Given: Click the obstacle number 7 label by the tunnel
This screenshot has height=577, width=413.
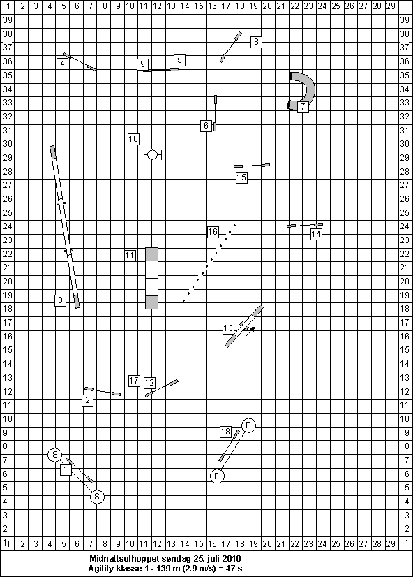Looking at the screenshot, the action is (x=303, y=107).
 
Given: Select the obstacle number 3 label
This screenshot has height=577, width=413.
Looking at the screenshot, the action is (x=61, y=300).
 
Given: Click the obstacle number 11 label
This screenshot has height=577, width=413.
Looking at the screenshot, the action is (x=130, y=256).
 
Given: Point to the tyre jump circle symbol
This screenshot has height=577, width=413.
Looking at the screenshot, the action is (x=153, y=155).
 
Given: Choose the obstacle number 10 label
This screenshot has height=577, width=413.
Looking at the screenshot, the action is (x=133, y=139).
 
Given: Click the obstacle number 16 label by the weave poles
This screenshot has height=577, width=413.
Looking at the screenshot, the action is (x=213, y=232).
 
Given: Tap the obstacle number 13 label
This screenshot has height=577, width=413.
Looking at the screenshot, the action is (x=228, y=328).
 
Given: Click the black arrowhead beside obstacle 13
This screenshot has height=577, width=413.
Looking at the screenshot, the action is (x=252, y=329).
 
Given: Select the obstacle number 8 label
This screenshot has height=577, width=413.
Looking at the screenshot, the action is (x=256, y=42).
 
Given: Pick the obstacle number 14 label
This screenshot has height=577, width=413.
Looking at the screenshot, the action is (x=316, y=234).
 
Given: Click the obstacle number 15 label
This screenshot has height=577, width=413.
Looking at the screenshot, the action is (x=241, y=177).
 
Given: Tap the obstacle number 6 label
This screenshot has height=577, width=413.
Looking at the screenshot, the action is (x=206, y=126).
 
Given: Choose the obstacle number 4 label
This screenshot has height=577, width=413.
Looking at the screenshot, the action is (x=63, y=64).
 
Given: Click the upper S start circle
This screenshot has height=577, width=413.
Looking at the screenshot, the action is (x=55, y=455).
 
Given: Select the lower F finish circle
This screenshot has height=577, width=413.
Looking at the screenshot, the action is (x=217, y=476).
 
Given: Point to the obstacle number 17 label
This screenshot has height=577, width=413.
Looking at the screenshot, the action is (x=134, y=381).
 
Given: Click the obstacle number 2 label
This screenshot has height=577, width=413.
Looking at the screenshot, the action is (x=87, y=400).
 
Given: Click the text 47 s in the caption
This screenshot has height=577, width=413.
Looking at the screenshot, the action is (x=234, y=569).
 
